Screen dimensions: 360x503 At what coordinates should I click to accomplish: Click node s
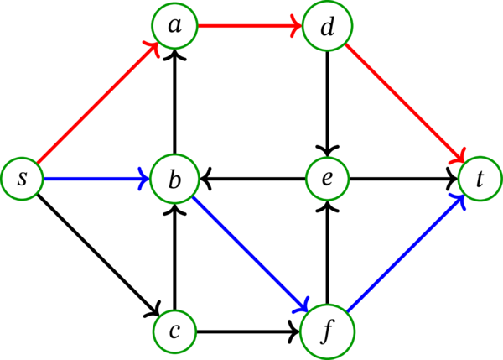coord(22,178)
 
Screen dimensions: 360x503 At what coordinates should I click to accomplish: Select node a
coord(174,28)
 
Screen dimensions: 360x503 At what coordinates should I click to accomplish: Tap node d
coord(327,28)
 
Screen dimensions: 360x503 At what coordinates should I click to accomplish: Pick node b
coord(174,178)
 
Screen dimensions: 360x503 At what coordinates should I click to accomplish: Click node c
coord(174,331)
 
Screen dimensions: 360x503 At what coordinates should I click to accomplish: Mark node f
coord(327,331)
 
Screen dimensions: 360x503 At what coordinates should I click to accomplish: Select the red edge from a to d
coord(251,28)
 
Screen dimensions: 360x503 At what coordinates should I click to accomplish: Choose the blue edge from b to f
coord(251,254)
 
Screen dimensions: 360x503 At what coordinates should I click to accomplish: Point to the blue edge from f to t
coord(403,254)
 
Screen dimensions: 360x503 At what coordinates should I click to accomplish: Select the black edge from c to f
coord(251,331)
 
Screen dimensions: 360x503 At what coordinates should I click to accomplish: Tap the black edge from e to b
coord(251,178)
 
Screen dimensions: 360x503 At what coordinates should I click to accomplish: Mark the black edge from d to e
coord(327,102)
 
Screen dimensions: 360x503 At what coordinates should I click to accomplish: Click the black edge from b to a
coord(174,102)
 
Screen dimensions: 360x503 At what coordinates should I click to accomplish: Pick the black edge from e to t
coord(403,178)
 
